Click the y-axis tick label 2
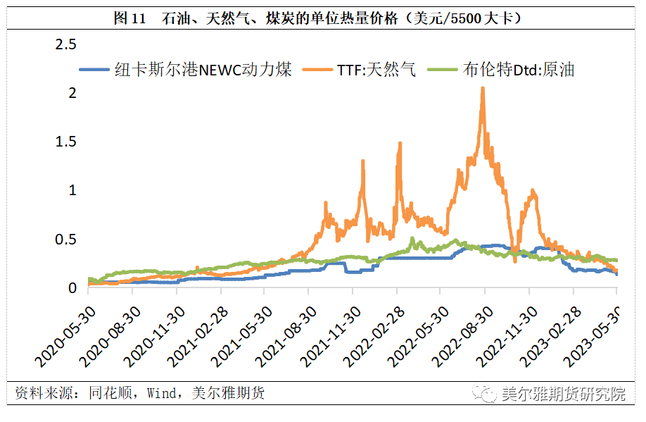click(71, 93)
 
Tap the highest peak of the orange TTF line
click(483, 88)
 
